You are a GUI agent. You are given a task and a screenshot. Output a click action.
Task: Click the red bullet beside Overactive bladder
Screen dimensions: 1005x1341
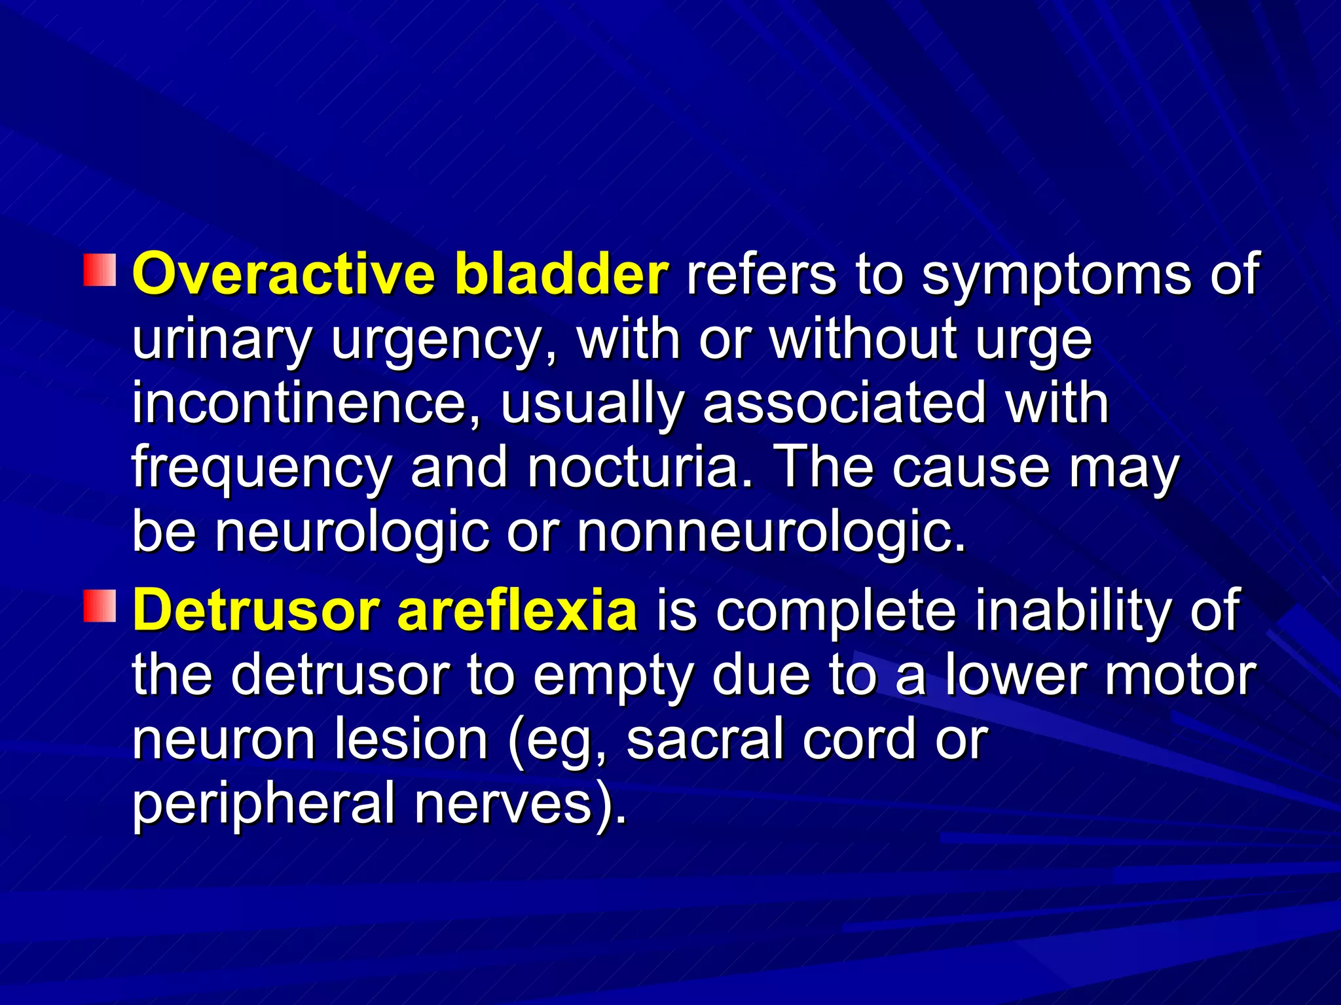click(x=100, y=271)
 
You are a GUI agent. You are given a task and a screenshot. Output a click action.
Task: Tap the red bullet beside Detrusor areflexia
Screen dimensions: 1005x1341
click(x=100, y=606)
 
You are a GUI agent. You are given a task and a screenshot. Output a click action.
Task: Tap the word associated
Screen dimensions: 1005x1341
click(x=845, y=403)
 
